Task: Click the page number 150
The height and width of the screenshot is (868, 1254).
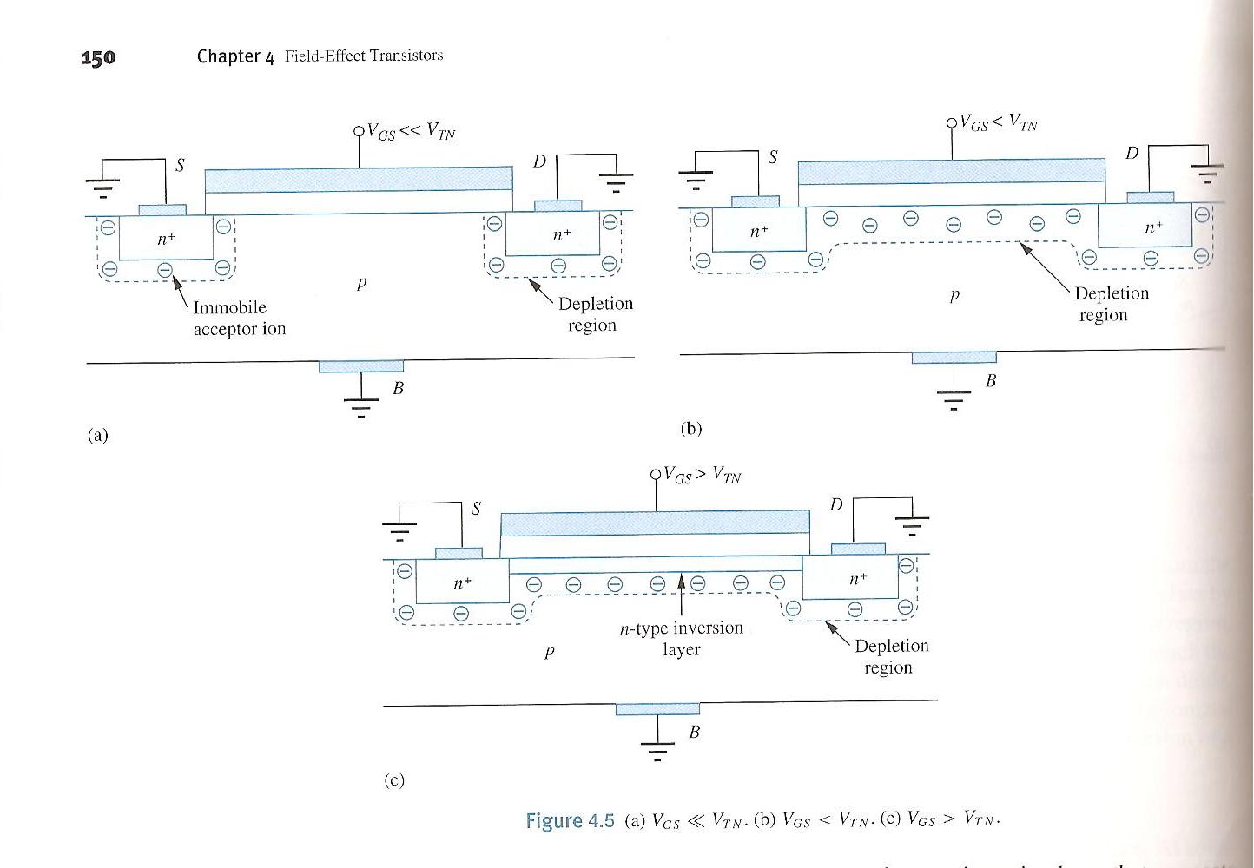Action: tap(98, 58)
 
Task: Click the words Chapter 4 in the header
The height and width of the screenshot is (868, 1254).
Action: tap(235, 56)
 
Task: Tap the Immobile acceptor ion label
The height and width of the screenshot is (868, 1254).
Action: tap(239, 319)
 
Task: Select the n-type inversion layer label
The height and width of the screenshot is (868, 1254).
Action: tap(682, 638)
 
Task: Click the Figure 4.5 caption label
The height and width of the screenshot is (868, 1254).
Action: tap(570, 820)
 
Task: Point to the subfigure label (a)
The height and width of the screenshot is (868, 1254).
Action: tap(97, 435)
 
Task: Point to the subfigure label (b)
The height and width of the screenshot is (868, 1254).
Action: tap(690, 428)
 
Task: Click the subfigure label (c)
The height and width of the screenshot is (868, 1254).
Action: tap(393, 779)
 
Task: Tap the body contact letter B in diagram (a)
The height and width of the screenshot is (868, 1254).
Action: tap(398, 388)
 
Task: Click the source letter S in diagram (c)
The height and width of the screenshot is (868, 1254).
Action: tap(476, 509)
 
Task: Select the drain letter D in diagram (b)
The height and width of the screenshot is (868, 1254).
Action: tap(1132, 154)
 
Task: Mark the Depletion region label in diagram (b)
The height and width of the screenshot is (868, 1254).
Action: tap(1111, 304)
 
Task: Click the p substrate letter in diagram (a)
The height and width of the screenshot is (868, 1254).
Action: tap(361, 283)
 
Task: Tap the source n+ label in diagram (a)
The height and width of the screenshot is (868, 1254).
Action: tap(165, 239)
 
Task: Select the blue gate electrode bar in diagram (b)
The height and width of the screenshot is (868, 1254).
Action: tap(951, 172)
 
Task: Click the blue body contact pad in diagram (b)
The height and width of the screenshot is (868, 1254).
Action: tap(954, 358)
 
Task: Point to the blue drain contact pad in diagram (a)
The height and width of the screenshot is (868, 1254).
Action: tap(558, 206)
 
